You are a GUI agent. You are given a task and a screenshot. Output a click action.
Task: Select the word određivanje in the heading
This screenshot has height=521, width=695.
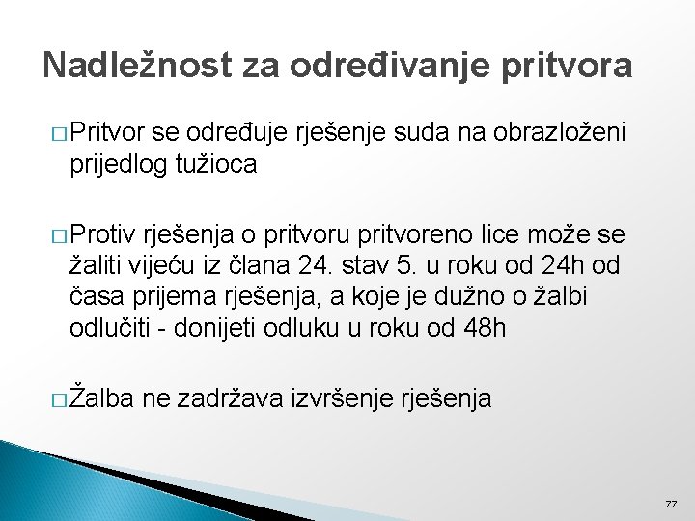click(370, 65)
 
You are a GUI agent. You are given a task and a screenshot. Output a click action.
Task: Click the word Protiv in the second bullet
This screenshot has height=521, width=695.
click(104, 234)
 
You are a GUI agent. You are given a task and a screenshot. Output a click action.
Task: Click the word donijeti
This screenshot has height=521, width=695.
click(219, 328)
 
